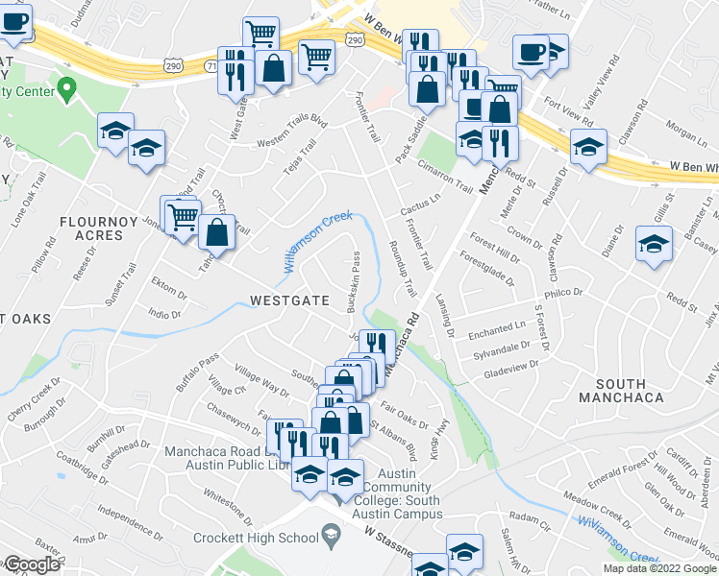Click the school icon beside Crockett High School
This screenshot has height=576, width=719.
click(330, 536)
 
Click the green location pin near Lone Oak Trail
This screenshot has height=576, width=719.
click(66, 91)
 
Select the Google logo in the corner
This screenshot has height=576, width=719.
click(32, 564)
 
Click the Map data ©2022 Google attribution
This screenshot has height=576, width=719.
click(659, 568)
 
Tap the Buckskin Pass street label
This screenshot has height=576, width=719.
click(355, 273)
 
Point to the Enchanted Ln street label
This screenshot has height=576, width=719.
click(497, 329)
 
